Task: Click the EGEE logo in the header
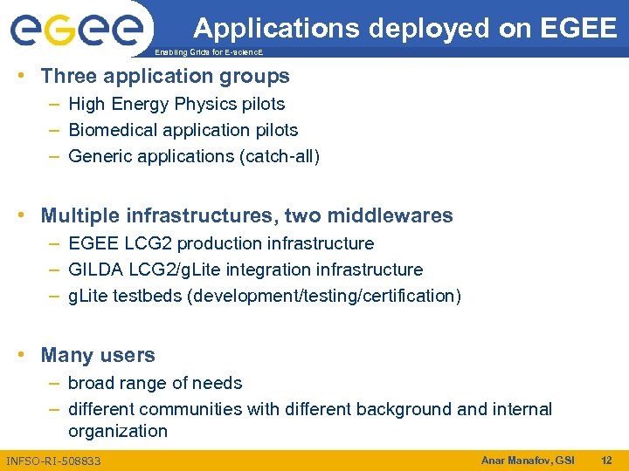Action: point(76,31)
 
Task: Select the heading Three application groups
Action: point(165,77)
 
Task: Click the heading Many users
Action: point(98,355)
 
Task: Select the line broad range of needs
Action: point(155,383)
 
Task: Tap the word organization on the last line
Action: point(118,431)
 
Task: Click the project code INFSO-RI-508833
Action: point(53,461)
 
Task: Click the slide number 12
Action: point(607,460)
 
